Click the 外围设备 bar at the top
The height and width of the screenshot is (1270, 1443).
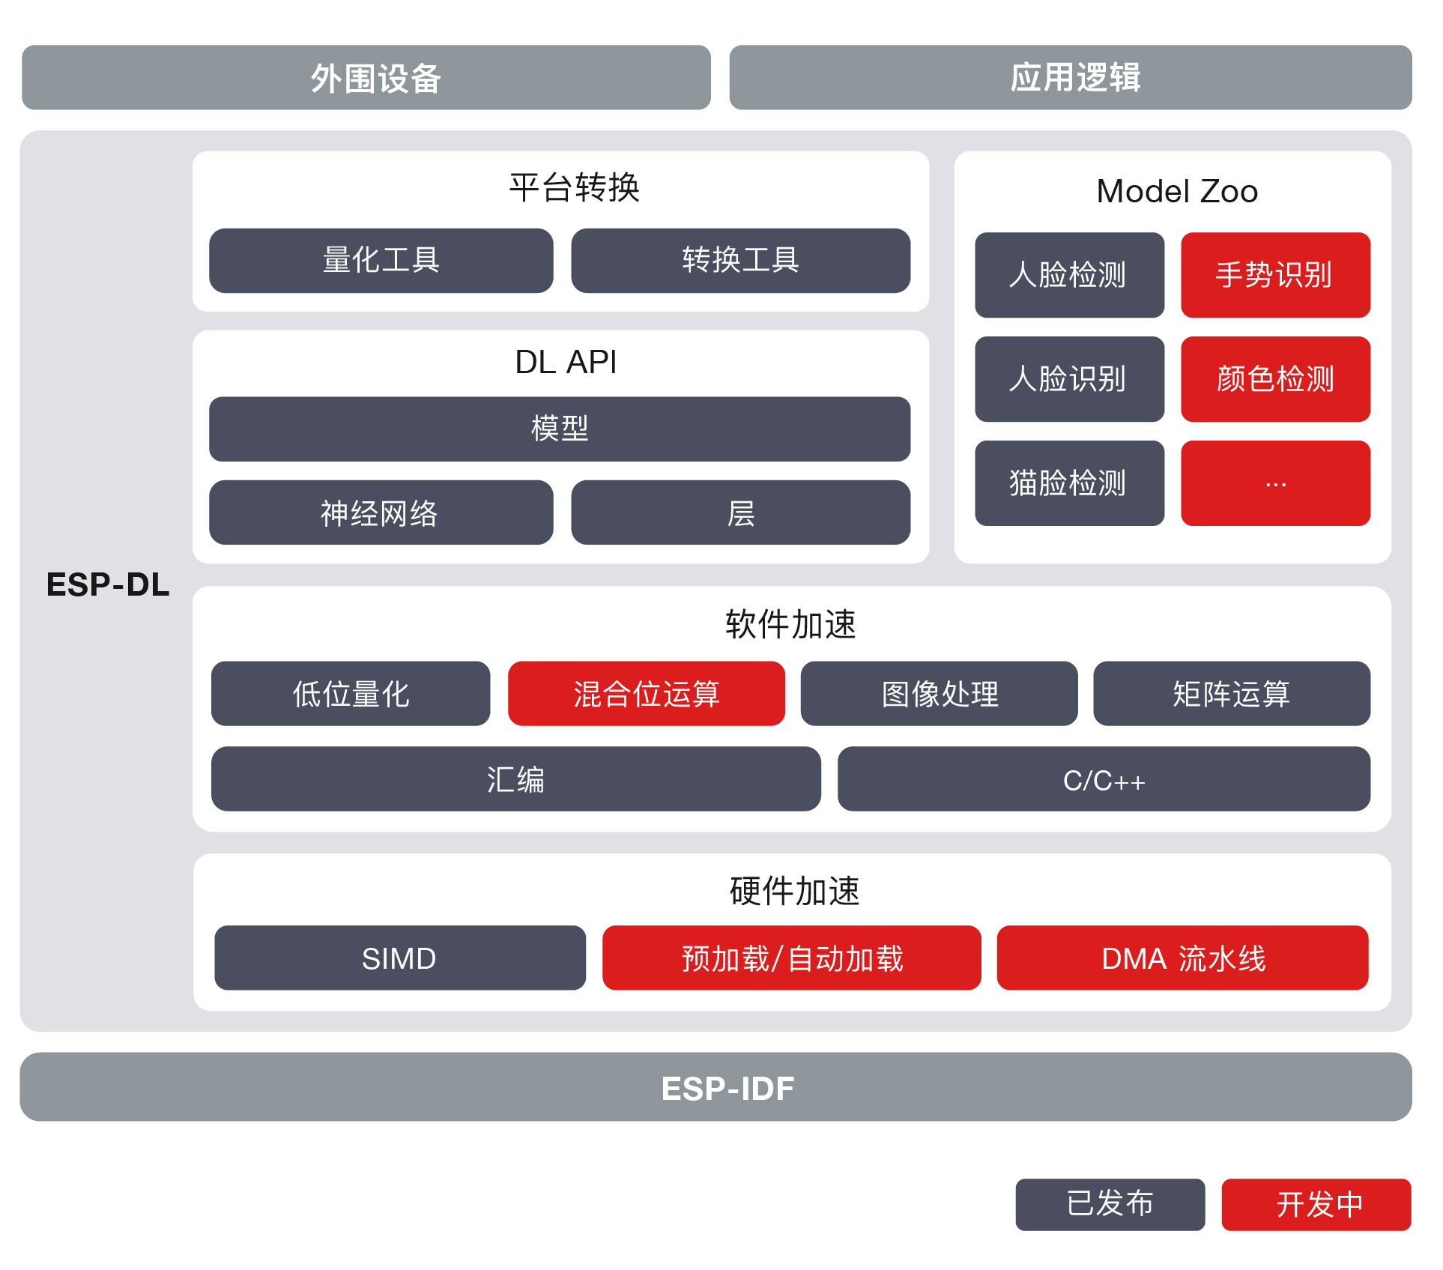(x=366, y=78)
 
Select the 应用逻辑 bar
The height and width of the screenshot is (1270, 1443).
(x=1070, y=78)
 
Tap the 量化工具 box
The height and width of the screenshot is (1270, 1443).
(x=381, y=261)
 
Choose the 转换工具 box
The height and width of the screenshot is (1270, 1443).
(x=740, y=261)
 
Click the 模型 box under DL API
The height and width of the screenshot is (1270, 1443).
(x=559, y=429)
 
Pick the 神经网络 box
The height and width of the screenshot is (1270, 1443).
(x=381, y=513)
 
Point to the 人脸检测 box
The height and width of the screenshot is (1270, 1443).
(x=1069, y=275)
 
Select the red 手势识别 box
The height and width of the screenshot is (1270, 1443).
(x=1275, y=275)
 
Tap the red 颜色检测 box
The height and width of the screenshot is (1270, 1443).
(x=1275, y=379)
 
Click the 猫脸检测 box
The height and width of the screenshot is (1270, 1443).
(x=1069, y=483)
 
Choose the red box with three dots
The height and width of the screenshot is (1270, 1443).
(x=1275, y=483)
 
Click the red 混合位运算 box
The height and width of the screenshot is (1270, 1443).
(x=646, y=694)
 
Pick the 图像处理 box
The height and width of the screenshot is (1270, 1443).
(x=939, y=694)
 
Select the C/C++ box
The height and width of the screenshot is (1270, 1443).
(x=1104, y=779)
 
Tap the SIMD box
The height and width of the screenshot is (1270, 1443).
(x=399, y=958)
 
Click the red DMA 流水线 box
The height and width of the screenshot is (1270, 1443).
(x=1182, y=958)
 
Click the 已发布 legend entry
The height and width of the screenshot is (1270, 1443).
(x=1110, y=1204)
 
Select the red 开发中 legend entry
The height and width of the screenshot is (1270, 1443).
(x=1316, y=1204)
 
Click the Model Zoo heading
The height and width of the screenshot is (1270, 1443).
(x=1176, y=191)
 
